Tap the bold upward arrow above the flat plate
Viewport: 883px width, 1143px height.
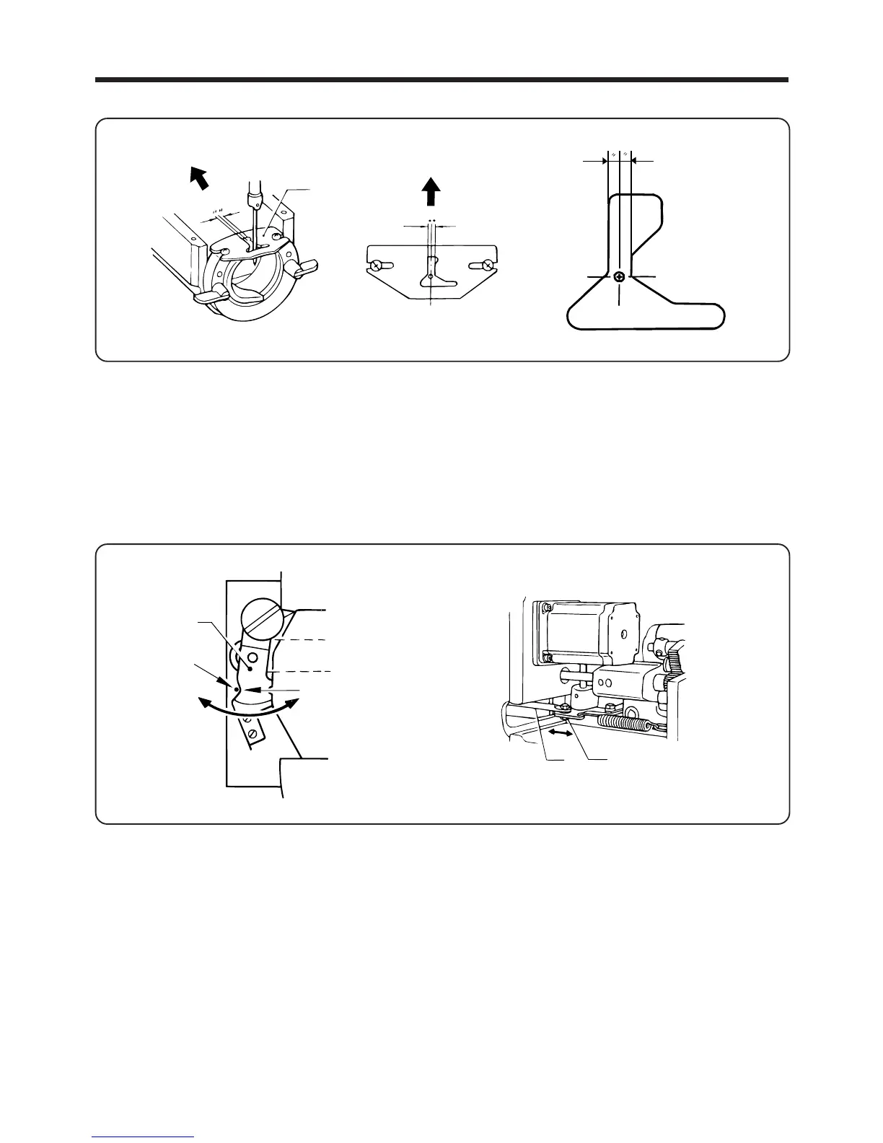tap(431, 192)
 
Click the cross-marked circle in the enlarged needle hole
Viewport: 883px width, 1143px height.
tap(620, 276)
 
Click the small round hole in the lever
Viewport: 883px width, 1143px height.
tap(252, 658)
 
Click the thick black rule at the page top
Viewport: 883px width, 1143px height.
tap(441, 79)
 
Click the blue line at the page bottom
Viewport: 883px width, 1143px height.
tap(143, 1137)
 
